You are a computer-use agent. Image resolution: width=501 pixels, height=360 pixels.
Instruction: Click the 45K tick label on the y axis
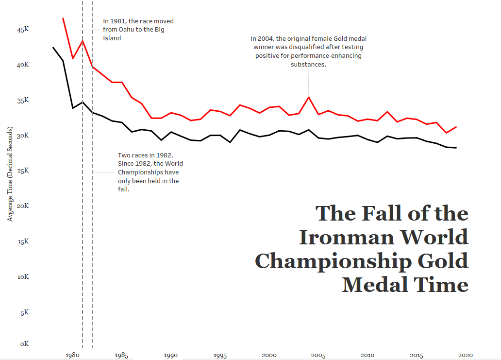coord(23,30)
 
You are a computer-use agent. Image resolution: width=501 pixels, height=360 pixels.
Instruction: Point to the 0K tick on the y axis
coord(25,343)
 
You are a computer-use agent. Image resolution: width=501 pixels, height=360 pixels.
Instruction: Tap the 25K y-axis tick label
coord(23,171)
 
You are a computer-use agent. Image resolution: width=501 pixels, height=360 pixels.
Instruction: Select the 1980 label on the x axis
coord(72,355)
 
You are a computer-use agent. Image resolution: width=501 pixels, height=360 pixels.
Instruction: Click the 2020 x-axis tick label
coord(465,355)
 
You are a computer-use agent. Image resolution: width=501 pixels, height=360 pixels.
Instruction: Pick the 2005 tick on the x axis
coord(318,355)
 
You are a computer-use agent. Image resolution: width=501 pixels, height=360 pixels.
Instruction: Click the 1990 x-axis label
coord(170,355)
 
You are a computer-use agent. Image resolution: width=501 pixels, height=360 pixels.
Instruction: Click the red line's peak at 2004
coord(308,97)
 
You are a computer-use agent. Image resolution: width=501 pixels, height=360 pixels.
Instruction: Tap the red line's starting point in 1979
coord(63,18)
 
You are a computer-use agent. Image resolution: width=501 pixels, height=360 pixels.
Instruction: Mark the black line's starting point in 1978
coord(53,47)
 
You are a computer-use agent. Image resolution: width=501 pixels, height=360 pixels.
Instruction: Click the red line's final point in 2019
coord(456,127)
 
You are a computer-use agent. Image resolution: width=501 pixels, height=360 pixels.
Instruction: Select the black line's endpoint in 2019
coord(456,148)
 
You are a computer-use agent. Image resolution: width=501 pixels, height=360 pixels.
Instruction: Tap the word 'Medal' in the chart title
coord(374,284)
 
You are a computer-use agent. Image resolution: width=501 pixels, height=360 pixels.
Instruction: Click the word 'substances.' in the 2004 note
coord(308,64)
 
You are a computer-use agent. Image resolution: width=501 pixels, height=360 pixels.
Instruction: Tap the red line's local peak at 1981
coord(83,41)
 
